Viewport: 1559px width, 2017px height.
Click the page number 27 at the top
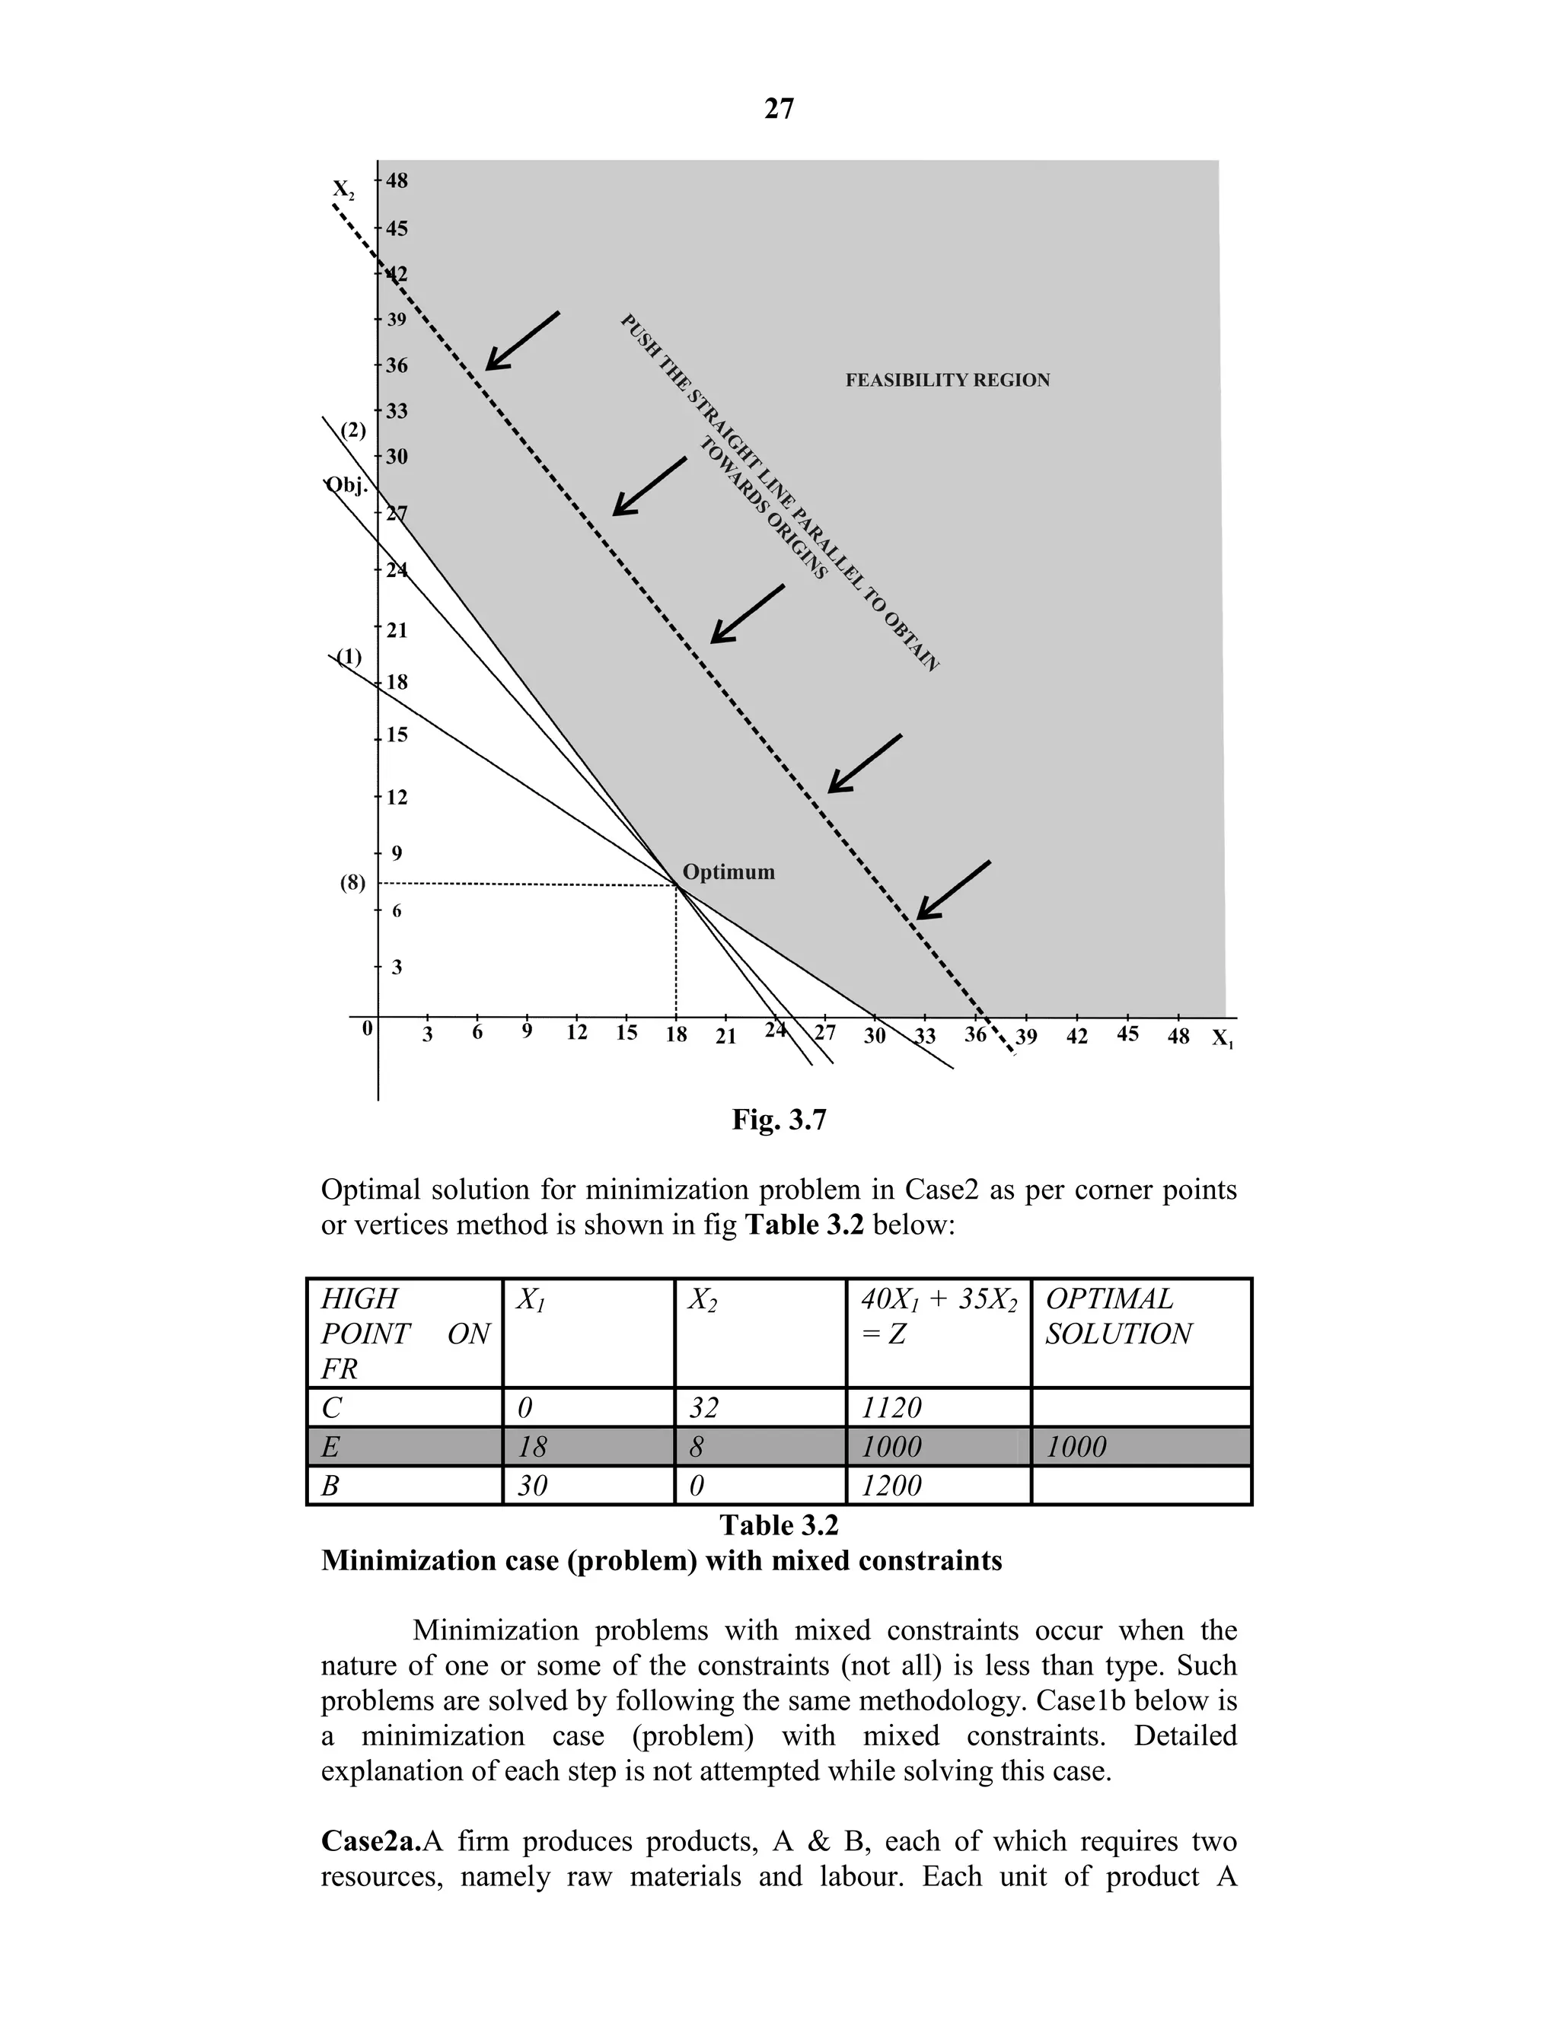point(779,109)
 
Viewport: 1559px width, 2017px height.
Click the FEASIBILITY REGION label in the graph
point(947,381)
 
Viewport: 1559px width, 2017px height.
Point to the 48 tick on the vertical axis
point(396,181)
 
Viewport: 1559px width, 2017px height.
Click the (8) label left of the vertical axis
point(352,883)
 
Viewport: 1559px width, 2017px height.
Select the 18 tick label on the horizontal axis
point(676,1035)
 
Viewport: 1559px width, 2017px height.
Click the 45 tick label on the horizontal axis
point(1127,1034)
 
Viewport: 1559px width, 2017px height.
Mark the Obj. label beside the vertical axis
point(348,485)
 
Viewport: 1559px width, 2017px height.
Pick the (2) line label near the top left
point(352,430)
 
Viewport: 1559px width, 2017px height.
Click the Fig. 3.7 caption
point(779,1120)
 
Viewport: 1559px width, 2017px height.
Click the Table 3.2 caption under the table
point(779,1525)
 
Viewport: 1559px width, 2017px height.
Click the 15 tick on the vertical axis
point(396,736)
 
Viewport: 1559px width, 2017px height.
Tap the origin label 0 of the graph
point(367,1028)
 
